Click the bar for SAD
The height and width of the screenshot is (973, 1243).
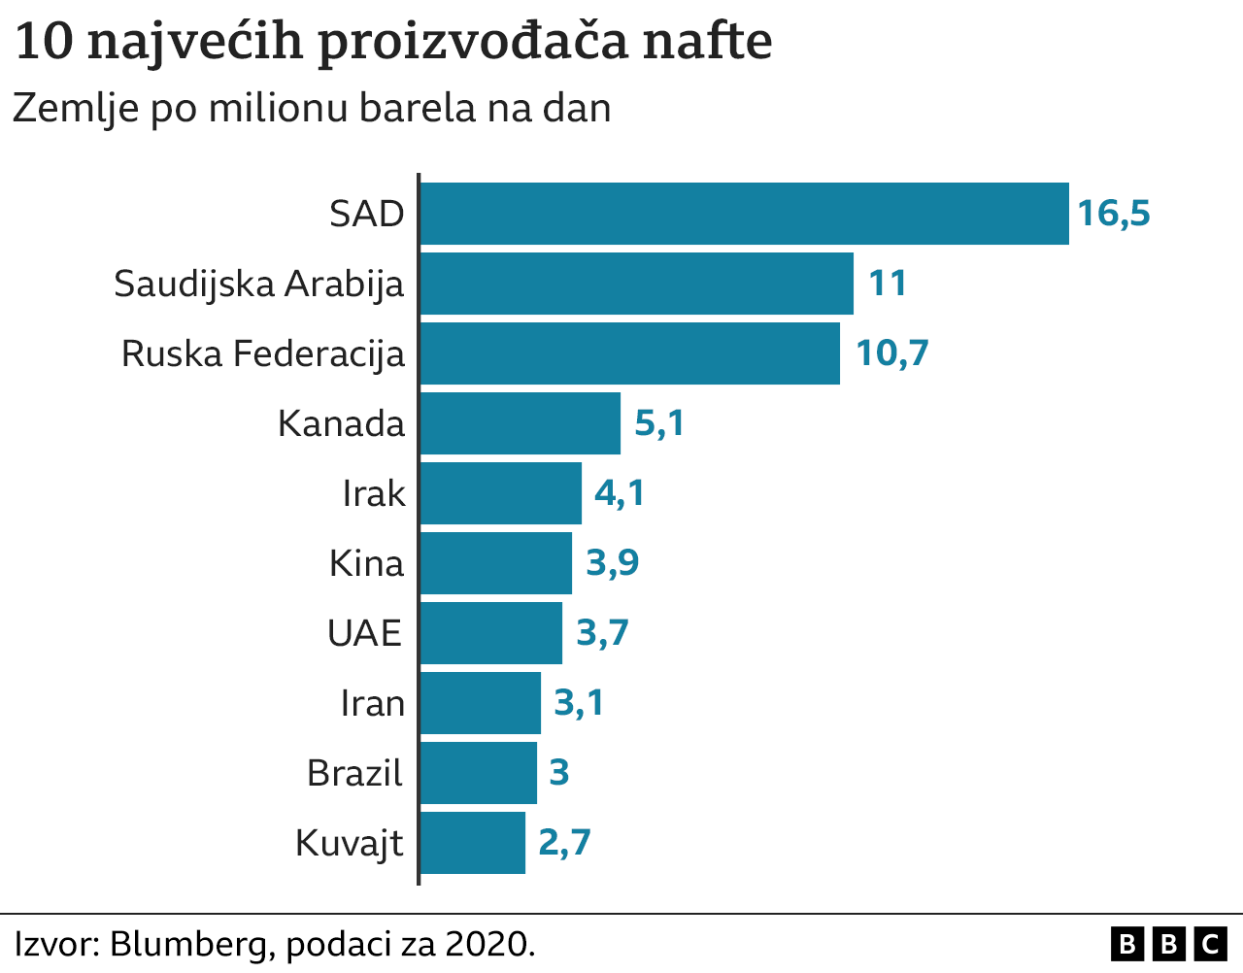point(744,214)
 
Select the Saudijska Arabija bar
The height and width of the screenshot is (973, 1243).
point(636,284)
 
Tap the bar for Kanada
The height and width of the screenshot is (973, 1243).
point(520,423)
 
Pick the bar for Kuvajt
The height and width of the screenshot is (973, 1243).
point(472,843)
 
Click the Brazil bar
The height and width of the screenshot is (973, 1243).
point(478,773)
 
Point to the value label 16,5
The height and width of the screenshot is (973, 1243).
point(1114,214)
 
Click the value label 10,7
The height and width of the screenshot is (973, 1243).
point(891,353)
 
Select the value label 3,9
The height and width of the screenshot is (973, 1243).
point(613,563)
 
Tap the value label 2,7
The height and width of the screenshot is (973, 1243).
point(564,843)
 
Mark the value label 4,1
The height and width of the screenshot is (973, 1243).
point(620,493)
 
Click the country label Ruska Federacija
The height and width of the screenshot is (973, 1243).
point(262,353)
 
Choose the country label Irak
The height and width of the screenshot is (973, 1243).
point(373,493)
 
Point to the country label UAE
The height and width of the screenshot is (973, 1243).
point(364,633)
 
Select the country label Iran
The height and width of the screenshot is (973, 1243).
point(372,703)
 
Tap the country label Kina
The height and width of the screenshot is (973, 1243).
point(366,563)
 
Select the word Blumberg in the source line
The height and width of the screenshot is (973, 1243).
point(191,944)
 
